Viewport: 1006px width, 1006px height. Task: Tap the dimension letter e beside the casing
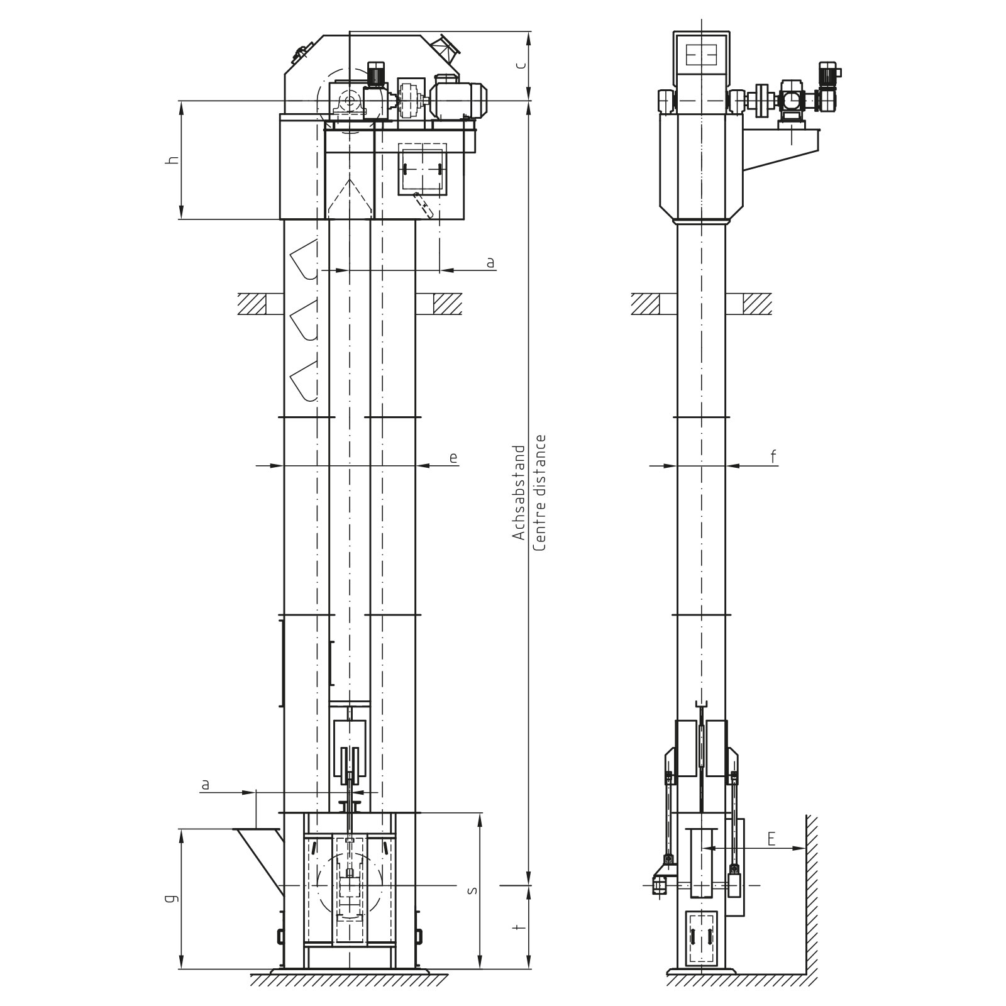tap(453, 458)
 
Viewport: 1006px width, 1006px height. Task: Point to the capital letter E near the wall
tap(771, 839)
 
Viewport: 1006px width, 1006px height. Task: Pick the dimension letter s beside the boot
tap(473, 890)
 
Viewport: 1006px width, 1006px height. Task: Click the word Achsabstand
tap(519, 492)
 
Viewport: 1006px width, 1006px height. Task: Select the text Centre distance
tap(539, 492)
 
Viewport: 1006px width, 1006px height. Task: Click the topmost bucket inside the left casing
tap(303, 260)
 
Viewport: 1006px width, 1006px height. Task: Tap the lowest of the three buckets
tap(303, 380)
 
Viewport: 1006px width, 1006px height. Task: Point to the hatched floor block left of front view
tap(252, 304)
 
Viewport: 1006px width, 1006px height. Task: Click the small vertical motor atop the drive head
tap(375, 74)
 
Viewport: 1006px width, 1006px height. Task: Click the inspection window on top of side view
tap(701, 55)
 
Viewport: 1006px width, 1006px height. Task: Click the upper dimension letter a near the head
tap(490, 262)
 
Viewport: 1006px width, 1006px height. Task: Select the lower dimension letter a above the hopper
tap(205, 785)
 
